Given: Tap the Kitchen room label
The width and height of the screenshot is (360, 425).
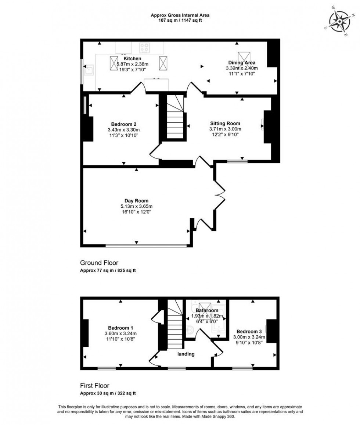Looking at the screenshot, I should pyautogui.click(x=132, y=58).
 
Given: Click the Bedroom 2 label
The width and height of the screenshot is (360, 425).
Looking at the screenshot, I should pyautogui.click(x=124, y=124).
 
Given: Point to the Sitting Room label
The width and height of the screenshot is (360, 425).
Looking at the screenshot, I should pyautogui.click(x=225, y=124).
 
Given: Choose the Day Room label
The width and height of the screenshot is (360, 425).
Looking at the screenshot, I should pyautogui.click(x=136, y=201).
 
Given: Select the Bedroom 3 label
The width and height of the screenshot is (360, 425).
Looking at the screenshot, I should pyautogui.click(x=249, y=331).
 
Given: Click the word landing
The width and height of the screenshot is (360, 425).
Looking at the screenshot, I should pyautogui.click(x=186, y=354).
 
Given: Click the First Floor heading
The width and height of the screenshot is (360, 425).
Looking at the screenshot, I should pyautogui.click(x=95, y=386).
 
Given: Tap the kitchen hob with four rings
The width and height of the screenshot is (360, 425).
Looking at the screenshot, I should pyautogui.click(x=144, y=48).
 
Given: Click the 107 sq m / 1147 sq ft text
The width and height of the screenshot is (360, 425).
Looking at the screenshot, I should pyautogui.click(x=180, y=21).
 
